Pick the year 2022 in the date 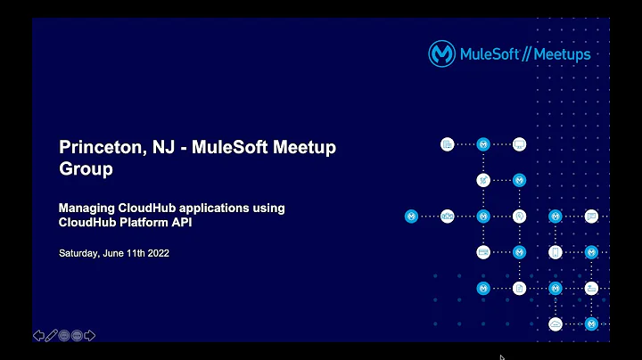coord(155,253)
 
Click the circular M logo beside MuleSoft coord(442,54)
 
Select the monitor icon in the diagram coord(520,144)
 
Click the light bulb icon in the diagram coord(520,216)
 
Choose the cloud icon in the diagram coord(556,323)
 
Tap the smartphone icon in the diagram coord(556,252)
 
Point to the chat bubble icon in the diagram coord(591,216)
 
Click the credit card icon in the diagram coord(483,252)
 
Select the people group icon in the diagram coord(448,216)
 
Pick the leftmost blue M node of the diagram coord(411,216)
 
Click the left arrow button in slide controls coord(39,336)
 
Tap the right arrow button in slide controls coord(89,336)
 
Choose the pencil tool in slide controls coord(52,336)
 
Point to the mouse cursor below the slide coord(503,356)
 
